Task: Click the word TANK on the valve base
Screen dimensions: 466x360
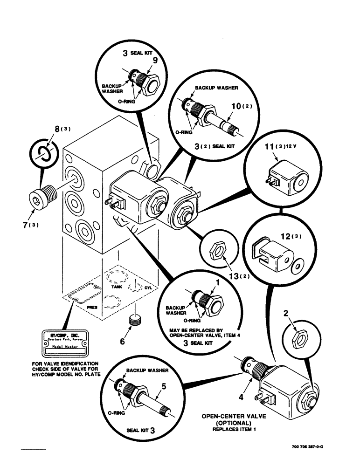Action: point(116,288)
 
